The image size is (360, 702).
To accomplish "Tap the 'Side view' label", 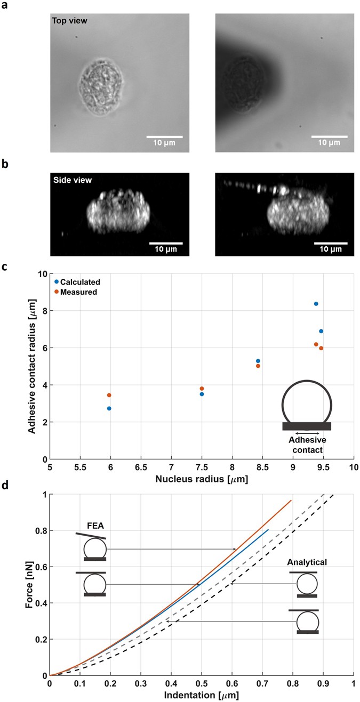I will (x=73, y=181).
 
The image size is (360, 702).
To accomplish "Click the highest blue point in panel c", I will (x=316, y=304).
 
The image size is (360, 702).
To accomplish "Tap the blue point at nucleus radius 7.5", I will (x=202, y=394).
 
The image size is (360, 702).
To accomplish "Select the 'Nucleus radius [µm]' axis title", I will (x=201, y=479).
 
